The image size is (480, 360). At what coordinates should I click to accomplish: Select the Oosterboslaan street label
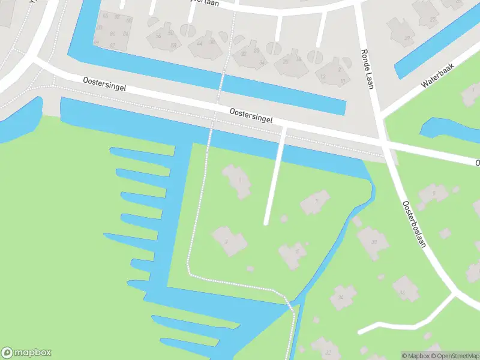(x=417, y=227)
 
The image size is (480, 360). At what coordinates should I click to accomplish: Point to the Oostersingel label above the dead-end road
(x=251, y=115)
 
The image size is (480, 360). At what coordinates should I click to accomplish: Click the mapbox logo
(x=26, y=353)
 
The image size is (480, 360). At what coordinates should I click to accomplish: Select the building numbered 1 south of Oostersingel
(x=238, y=181)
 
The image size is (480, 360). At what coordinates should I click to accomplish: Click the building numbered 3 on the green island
(x=229, y=241)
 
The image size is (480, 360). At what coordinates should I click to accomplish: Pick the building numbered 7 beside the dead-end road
(x=316, y=202)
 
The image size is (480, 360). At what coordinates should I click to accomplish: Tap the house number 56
(x=158, y=36)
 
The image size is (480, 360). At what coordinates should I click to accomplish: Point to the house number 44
(x=199, y=43)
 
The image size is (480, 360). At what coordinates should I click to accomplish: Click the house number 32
(x=243, y=54)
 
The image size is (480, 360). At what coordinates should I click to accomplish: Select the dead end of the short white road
(x=266, y=223)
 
